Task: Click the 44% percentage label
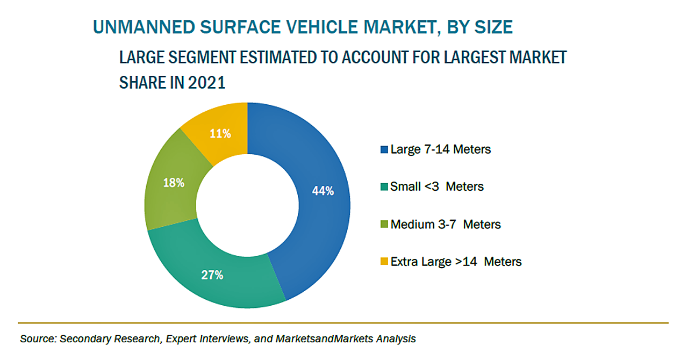pos(323,191)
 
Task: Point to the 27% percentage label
pos(212,275)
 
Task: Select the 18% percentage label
pos(174,183)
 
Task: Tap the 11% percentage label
pos(220,134)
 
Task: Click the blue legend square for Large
pos(384,149)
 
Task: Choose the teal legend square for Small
pos(384,187)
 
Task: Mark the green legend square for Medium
pos(384,225)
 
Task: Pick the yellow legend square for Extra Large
pos(384,262)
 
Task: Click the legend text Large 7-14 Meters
pos(441,149)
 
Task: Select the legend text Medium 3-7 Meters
pos(446,224)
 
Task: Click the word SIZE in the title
pos(491,27)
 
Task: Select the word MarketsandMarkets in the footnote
pos(320,339)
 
